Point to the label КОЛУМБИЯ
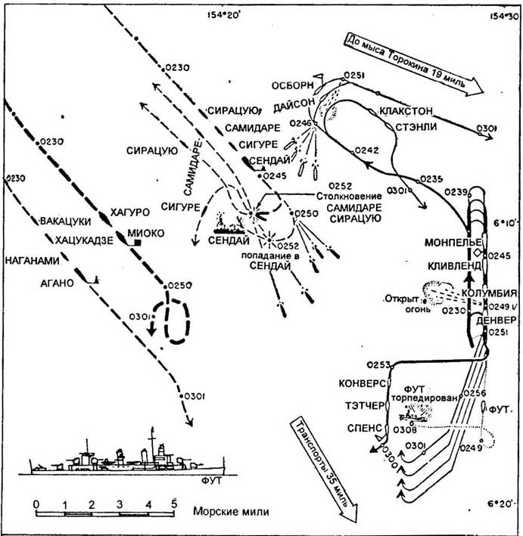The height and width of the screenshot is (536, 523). (492, 293)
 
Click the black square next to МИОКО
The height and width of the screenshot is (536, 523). (138, 243)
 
